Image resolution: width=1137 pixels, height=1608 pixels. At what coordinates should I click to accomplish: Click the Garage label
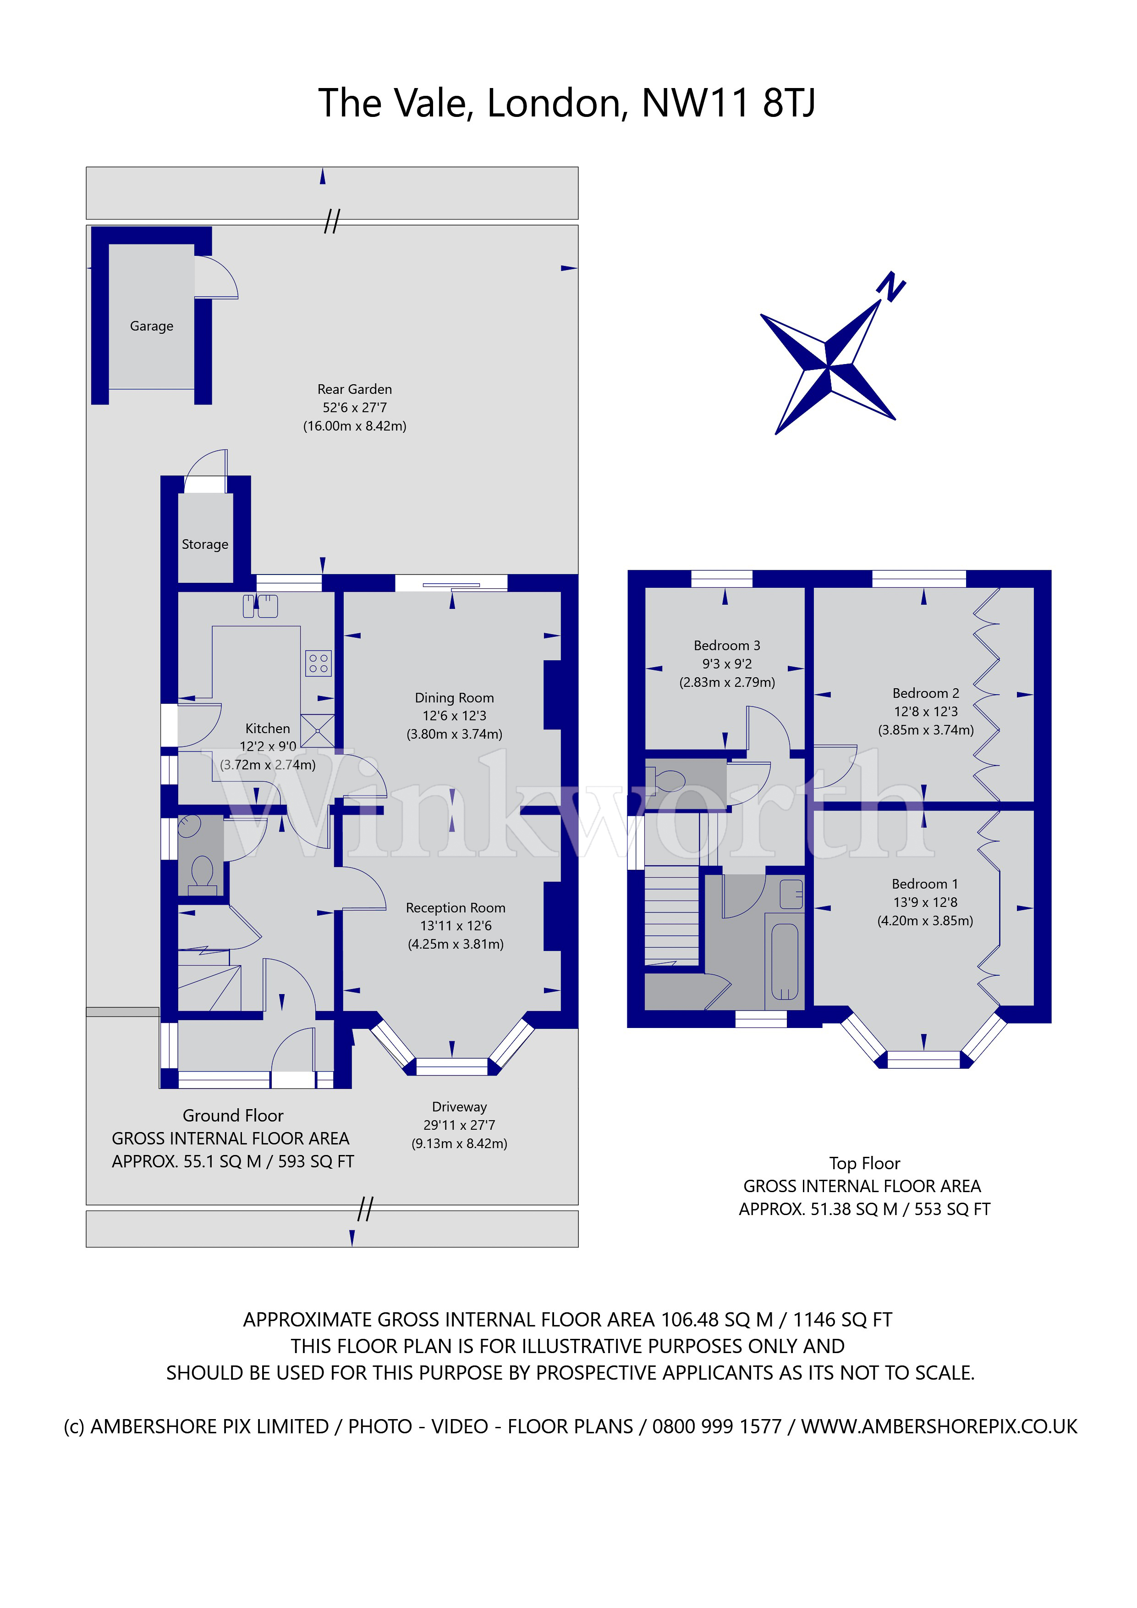[151, 326]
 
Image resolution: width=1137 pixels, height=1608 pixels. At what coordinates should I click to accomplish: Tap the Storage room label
[204, 544]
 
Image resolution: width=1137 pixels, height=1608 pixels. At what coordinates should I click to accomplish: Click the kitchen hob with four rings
[318, 663]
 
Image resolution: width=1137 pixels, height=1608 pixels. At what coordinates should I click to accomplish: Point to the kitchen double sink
[260, 606]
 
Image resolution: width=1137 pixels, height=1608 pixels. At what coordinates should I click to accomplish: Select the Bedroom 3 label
[727, 646]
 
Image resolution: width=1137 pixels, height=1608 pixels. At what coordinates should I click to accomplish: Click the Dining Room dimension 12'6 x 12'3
[454, 716]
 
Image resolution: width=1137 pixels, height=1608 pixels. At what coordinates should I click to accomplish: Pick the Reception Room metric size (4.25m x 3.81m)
[456, 944]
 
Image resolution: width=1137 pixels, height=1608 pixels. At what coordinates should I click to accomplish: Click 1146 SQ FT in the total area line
[842, 1320]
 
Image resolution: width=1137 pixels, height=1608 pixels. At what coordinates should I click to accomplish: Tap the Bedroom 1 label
[925, 884]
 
